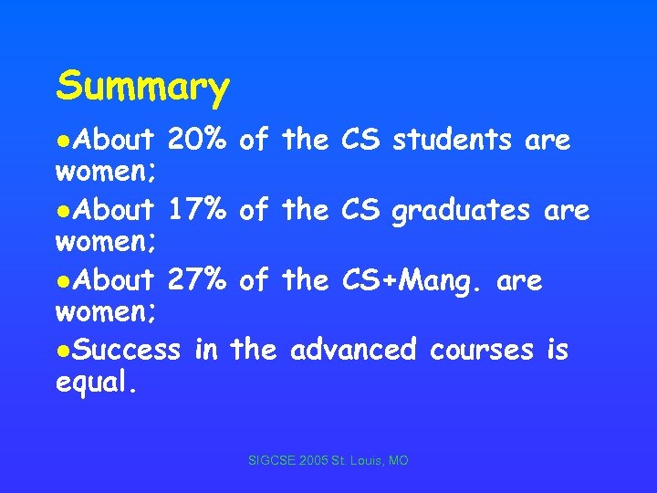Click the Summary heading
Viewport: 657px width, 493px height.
[142, 88]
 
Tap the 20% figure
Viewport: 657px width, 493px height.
[198, 141]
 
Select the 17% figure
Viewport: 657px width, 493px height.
[198, 210]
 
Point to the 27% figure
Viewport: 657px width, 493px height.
[198, 279]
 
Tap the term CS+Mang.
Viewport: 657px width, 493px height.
[413, 281]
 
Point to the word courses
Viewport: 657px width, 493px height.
[480, 349]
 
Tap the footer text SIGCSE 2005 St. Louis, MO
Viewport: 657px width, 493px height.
[328, 462]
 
